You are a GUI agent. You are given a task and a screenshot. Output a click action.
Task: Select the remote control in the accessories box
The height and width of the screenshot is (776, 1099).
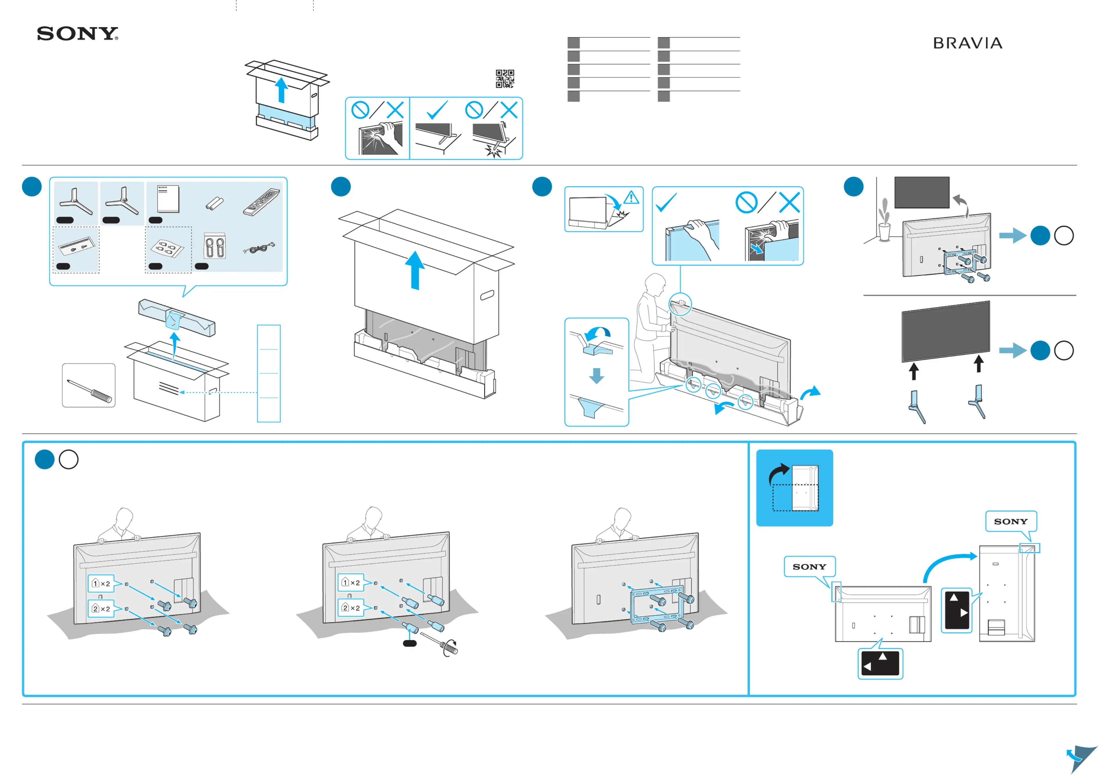pos(261,202)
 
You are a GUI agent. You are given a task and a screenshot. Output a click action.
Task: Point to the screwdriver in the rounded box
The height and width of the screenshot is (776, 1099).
pos(89,390)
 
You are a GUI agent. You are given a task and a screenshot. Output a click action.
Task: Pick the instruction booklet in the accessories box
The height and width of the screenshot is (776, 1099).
pos(168,199)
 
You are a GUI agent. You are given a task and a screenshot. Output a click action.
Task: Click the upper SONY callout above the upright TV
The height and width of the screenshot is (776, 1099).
pos(1010,521)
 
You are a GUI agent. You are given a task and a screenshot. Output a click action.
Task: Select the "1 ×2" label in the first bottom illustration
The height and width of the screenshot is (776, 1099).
pos(101,583)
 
